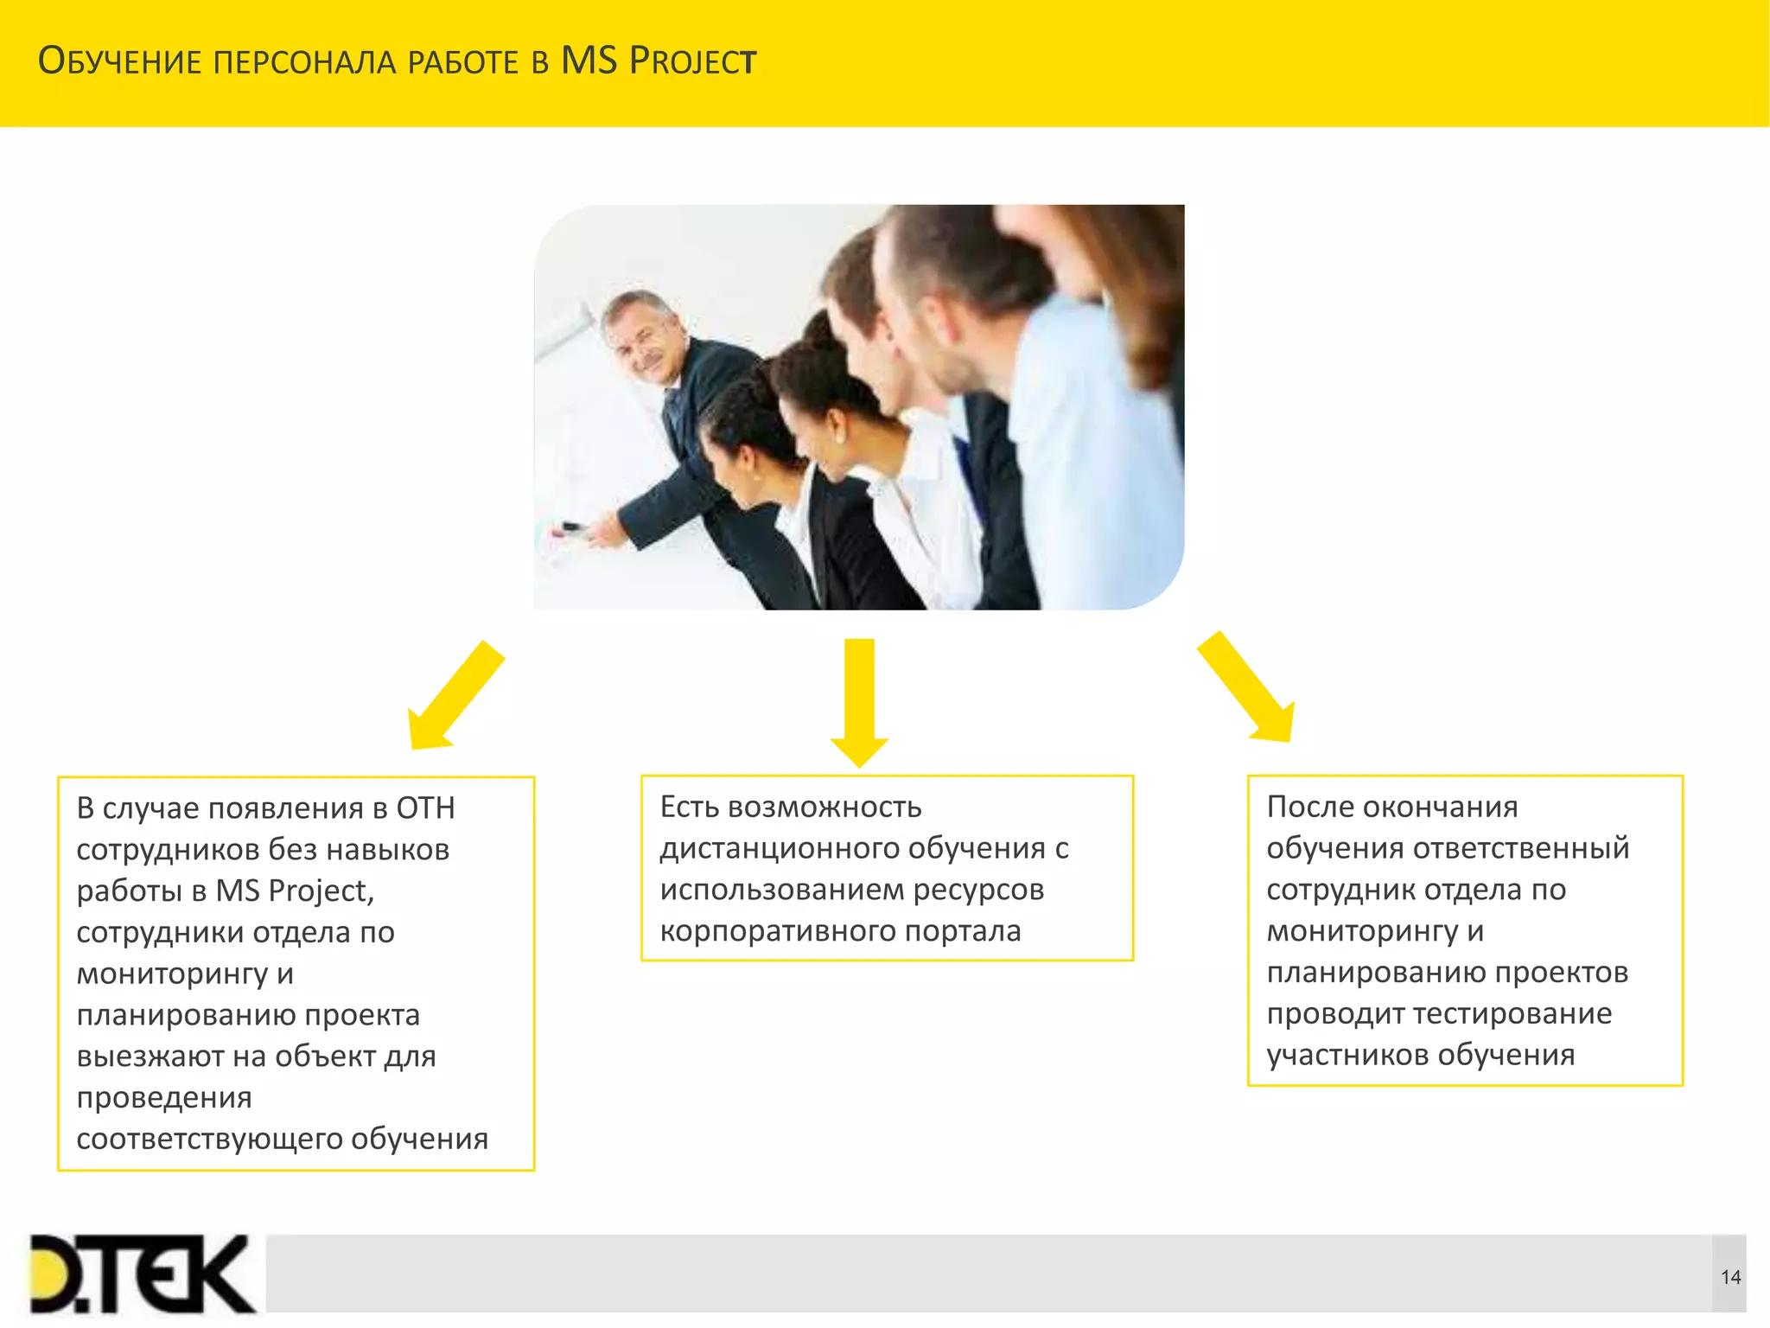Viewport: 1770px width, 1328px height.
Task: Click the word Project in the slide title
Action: pos(692,61)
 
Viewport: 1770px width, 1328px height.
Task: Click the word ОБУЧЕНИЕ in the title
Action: pos(120,61)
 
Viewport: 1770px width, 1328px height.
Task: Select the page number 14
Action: pos(1730,1277)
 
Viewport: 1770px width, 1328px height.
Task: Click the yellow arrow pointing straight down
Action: pos(859,700)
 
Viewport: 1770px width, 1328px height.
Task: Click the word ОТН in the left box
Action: pos(425,808)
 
